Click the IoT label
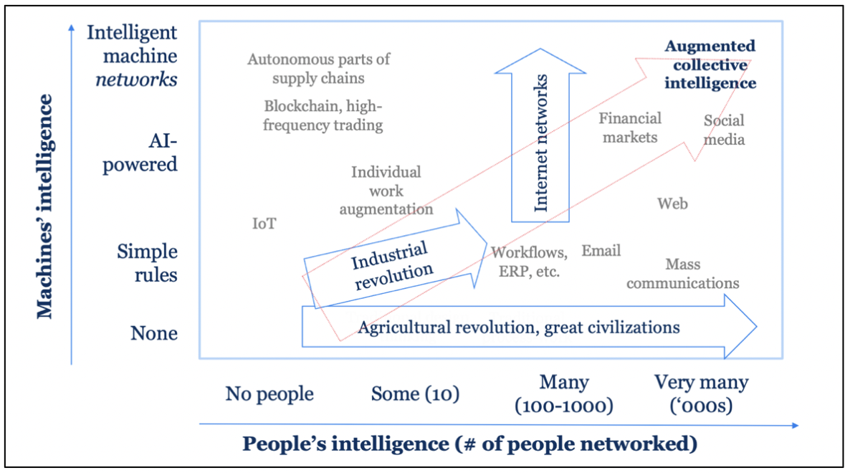(264, 223)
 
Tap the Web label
(672, 204)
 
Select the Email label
(601, 251)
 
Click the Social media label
(724, 130)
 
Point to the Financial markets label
(630, 128)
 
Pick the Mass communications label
(682, 274)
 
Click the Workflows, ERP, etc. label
(530, 262)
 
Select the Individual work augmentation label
(386, 191)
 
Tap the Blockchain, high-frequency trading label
(323, 115)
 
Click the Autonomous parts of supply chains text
(318, 68)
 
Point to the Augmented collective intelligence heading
(710, 64)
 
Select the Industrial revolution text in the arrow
(392, 266)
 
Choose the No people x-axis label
(269, 393)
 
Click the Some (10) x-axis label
(415, 393)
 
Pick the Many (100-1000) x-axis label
(564, 394)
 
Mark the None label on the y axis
(153, 333)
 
